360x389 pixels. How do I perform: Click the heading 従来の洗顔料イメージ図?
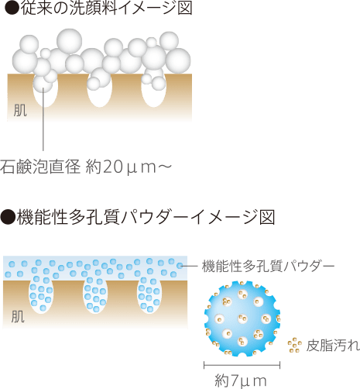(106, 8)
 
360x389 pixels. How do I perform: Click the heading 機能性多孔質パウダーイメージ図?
(146, 217)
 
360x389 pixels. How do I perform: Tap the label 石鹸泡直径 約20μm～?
(86, 167)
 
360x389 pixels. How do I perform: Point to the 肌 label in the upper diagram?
(20, 110)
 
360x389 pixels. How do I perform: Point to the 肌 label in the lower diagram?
(18, 316)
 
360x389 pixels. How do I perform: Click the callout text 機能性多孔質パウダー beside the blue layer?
(268, 266)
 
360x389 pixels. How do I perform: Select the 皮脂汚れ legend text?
(333, 345)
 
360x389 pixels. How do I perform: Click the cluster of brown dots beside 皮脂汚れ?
(295, 346)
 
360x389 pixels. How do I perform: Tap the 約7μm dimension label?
(241, 380)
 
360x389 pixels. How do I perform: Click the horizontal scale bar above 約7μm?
(242, 365)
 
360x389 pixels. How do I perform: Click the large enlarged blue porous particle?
(242, 318)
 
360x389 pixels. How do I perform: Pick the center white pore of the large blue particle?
(242, 319)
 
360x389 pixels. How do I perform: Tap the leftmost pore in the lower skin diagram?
(41, 297)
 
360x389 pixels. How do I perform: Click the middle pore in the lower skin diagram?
(95, 297)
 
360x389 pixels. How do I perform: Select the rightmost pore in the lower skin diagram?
(149, 297)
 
